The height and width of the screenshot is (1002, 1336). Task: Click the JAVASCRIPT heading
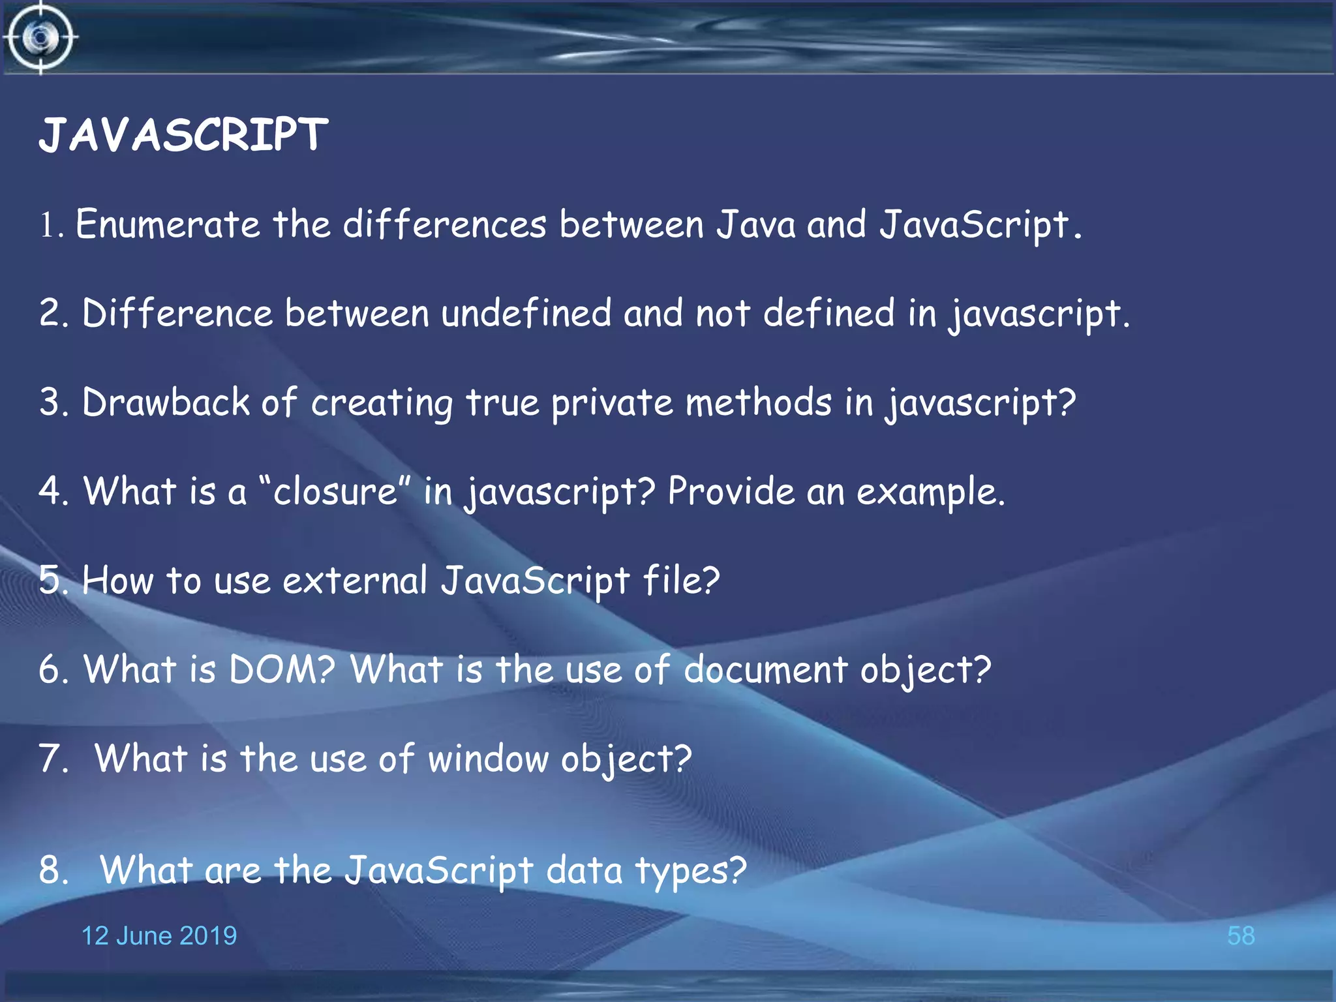coord(183,135)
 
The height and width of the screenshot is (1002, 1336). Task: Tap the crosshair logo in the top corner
coord(40,37)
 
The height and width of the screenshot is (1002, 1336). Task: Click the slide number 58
coord(1240,935)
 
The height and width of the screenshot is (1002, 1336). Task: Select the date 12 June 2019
coord(159,935)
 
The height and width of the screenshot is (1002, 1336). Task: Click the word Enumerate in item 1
coord(168,224)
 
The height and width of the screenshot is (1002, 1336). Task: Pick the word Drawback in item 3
coord(166,402)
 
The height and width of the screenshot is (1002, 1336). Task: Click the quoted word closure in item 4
coord(335,491)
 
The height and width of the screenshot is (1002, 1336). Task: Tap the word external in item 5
coord(354,580)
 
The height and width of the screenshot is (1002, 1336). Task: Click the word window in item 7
coord(488,759)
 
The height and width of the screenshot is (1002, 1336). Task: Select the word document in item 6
coord(765,669)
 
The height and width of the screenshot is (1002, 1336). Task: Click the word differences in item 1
coord(444,224)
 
